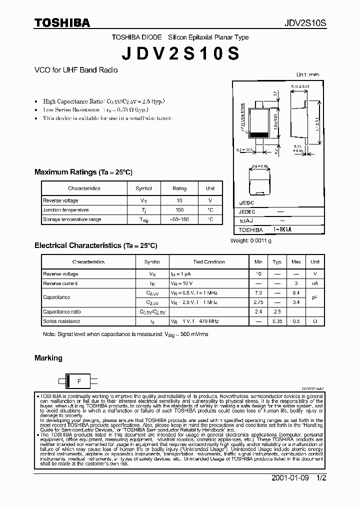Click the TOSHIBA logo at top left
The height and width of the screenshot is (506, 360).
pyautogui.click(x=62, y=22)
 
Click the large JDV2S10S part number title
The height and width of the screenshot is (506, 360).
pyautogui.click(x=180, y=53)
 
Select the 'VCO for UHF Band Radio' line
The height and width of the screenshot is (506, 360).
pyautogui.click(x=76, y=70)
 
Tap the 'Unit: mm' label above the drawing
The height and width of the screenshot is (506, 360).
pyautogui.click(x=307, y=74)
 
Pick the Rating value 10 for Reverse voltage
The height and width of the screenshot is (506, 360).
pyautogui.click(x=179, y=200)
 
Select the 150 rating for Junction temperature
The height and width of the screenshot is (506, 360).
pyautogui.click(x=179, y=210)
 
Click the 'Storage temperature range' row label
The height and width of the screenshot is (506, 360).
pyautogui.click(x=72, y=219)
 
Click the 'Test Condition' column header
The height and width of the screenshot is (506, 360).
pyautogui.click(x=209, y=262)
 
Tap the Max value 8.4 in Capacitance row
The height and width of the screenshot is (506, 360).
pyautogui.click(x=296, y=292)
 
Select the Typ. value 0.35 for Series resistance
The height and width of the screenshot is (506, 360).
pyautogui.click(x=277, y=321)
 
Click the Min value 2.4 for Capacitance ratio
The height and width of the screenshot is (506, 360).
pyautogui.click(x=258, y=311)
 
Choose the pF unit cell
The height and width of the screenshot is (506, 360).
pyautogui.click(x=315, y=297)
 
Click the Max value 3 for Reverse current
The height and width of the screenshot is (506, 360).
pyautogui.click(x=296, y=283)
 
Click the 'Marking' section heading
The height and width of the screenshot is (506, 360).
pyautogui.click(x=48, y=358)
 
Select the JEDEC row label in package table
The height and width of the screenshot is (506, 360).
pyautogui.click(x=247, y=211)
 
